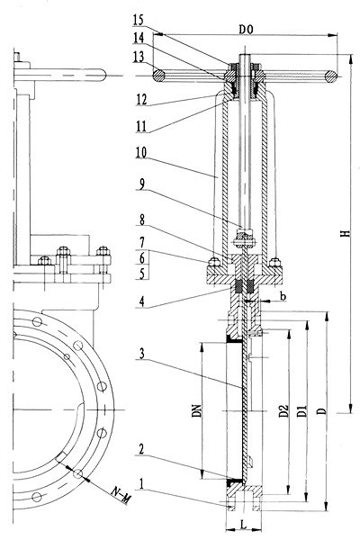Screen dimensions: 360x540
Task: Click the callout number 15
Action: [138, 20]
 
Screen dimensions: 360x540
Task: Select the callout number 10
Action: [141, 152]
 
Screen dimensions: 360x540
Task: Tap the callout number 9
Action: [141, 184]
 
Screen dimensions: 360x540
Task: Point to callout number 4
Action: [141, 301]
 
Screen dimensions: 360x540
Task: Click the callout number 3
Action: [141, 354]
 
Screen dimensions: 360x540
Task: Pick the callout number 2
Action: [141, 449]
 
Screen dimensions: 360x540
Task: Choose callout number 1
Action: [141, 484]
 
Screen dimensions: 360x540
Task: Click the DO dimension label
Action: [246, 30]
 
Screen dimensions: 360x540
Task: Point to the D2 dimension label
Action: [283, 411]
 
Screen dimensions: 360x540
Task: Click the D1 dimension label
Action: [302, 411]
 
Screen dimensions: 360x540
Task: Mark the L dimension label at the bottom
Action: [244, 526]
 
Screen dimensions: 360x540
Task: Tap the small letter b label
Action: [283, 296]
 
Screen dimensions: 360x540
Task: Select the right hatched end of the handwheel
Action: [331, 76]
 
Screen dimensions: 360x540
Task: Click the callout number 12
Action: [141, 100]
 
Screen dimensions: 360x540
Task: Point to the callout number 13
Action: [139, 57]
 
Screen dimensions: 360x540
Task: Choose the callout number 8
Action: [141, 220]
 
